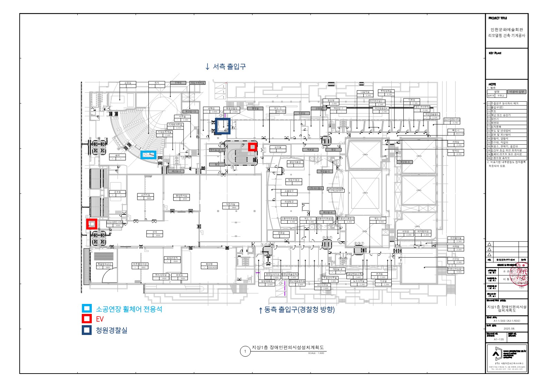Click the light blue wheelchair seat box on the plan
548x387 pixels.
(x=148, y=155)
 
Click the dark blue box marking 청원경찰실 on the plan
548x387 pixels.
(x=223, y=126)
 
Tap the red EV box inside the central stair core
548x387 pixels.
(x=253, y=147)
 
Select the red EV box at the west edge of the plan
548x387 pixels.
(x=92, y=224)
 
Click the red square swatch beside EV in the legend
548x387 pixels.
(x=87, y=319)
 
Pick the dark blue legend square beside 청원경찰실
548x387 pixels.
(x=87, y=330)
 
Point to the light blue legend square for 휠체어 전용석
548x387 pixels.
(x=87, y=308)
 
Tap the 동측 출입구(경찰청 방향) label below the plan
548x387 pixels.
(x=297, y=309)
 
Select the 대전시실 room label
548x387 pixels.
(x=231, y=204)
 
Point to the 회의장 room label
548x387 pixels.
(x=209, y=264)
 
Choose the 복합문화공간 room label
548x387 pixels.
(x=105, y=264)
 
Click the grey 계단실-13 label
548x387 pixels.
(x=190, y=112)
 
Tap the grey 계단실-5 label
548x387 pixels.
(x=325, y=171)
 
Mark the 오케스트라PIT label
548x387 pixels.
(x=337, y=190)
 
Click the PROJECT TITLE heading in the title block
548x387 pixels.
(x=498, y=18)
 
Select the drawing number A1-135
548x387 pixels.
(x=499, y=339)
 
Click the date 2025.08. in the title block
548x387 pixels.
(x=509, y=328)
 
